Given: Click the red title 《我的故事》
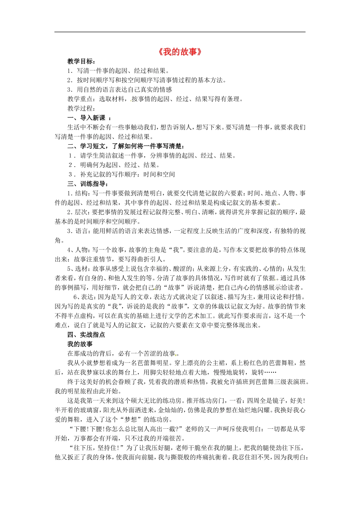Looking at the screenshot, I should point(180,52).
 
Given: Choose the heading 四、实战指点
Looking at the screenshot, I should point(86,334).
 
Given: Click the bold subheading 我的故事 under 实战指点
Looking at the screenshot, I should point(80,344).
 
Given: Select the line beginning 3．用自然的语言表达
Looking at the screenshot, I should point(119,89).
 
